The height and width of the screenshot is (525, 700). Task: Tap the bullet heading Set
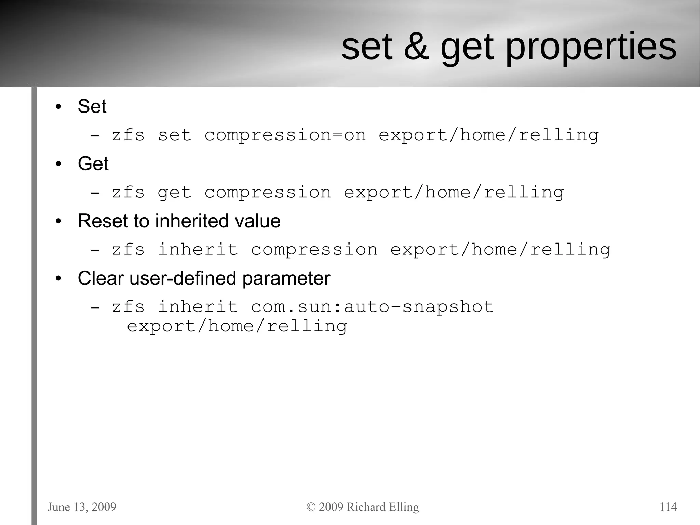[92, 106]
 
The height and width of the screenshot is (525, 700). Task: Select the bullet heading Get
[93, 163]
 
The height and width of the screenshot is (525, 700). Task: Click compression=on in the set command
[285, 135]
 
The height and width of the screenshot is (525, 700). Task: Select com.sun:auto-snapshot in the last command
[372, 306]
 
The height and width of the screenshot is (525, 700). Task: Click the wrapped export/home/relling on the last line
[237, 326]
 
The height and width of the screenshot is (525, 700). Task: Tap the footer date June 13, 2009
[82, 507]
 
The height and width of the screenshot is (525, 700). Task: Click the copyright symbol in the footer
[311, 507]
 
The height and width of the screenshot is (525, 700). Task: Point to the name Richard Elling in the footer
[382, 507]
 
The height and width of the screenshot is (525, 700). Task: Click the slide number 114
[668, 507]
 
